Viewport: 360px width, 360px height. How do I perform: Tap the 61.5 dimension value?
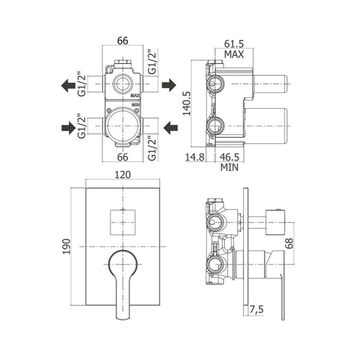(x=234, y=43)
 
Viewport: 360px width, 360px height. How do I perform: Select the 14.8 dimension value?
(x=195, y=157)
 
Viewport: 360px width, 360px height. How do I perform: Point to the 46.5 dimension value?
(x=229, y=157)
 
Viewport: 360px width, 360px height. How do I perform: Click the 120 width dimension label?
(x=122, y=175)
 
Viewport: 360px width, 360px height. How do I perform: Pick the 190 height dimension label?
(x=66, y=246)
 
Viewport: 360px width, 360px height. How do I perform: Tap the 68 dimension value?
(x=289, y=243)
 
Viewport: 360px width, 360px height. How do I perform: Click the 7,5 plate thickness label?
(x=256, y=310)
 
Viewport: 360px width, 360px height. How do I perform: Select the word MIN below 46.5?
(x=229, y=167)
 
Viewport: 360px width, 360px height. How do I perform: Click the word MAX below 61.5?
(x=234, y=54)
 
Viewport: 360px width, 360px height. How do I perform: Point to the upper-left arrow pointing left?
(x=68, y=85)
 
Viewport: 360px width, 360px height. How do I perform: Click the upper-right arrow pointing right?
(x=169, y=85)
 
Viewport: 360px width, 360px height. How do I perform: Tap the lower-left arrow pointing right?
(x=68, y=128)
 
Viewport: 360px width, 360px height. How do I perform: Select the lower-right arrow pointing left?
(x=171, y=128)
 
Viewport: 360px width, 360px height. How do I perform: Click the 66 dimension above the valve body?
(x=122, y=41)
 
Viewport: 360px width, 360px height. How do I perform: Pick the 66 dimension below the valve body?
(x=122, y=157)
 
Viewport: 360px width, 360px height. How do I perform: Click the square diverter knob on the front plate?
(x=122, y=222)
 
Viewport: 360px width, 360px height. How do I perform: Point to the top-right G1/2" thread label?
(x=152, y=61)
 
